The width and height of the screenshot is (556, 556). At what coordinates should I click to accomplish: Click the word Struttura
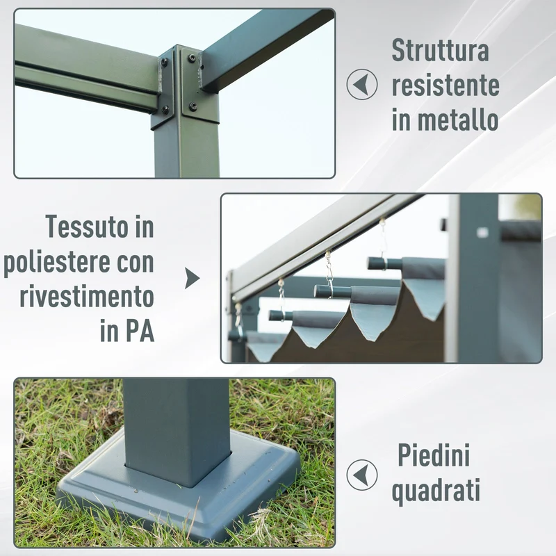441,50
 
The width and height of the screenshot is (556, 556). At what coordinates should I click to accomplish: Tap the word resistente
445,85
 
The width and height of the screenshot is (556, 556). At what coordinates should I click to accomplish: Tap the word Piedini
434,455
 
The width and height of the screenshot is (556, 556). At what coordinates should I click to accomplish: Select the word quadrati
436,491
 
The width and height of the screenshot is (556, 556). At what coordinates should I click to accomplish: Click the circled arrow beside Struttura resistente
361,84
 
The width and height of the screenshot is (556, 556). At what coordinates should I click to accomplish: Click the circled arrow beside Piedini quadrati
361,475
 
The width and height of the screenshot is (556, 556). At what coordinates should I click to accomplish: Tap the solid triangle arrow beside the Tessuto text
193,278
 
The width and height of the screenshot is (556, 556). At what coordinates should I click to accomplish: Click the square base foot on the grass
177,489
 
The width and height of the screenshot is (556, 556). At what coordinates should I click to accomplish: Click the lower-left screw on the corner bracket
165,109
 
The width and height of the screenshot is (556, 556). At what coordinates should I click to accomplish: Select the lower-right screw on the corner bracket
193,106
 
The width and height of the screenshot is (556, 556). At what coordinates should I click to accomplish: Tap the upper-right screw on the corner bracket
192,58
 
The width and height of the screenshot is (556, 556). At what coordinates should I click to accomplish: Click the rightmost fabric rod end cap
373,263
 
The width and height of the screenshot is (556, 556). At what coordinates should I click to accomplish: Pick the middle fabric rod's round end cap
320,291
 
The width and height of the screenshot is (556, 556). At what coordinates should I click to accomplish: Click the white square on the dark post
482,232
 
